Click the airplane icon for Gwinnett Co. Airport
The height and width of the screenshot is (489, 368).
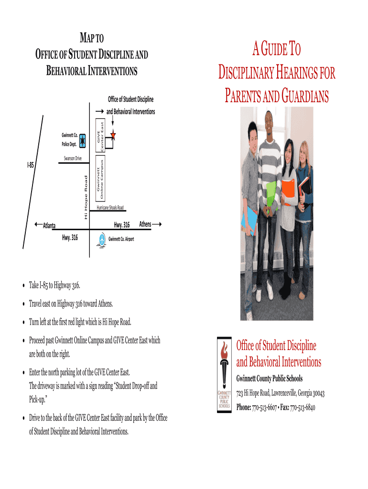point(101,239)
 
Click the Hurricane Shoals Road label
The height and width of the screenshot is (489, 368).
point(110,208)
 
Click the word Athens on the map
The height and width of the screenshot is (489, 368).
point(145,224)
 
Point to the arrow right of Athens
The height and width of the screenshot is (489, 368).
point(157,224)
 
